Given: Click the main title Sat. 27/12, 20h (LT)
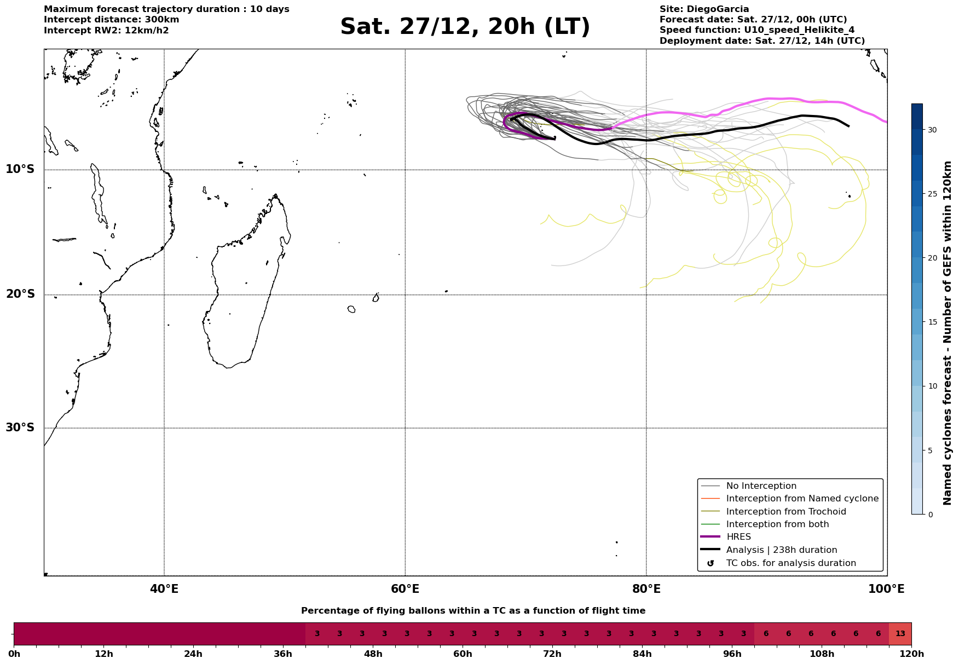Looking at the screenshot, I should pyautogui.click(x=465, y=27).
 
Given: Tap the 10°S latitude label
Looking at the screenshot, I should pyautogui.click(x=20, y=169).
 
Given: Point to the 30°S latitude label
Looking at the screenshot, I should pyautogui.click(x=20, y=428).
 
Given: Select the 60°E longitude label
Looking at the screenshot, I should pyautogui.click(x=405, y=589).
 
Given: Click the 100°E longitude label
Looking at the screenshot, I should pyautogui.click(x=886, y=589).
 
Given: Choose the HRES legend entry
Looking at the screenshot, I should pyautogui.click(x=738, y=537).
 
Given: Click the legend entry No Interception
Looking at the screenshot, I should pyautogui.click(x=761, y=486).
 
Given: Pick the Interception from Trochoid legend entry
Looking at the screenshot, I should pyautogui.click(x=785, y=512).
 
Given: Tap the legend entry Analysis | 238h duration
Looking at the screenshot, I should pyautogui.click(x=781, y=550).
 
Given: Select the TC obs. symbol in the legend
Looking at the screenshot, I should pyautogui.click(x=710, y=563).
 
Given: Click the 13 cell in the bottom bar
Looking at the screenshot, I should pyautogui.click(x=900, y=634).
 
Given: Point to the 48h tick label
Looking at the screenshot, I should pyautogui.click(x=373, y=654).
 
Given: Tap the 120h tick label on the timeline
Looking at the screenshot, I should pyautogui.click(x=911, y=654).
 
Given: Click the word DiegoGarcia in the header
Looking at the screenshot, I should pyautogui.click(x=718, y=9).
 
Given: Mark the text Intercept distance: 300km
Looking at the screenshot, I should pyautogui.click(x=112, y=20).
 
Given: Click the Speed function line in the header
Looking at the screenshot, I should pyautogui.click(x=756, y=30).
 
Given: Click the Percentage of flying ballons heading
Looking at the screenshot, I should pyautogui.click(x=473, y=611).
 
